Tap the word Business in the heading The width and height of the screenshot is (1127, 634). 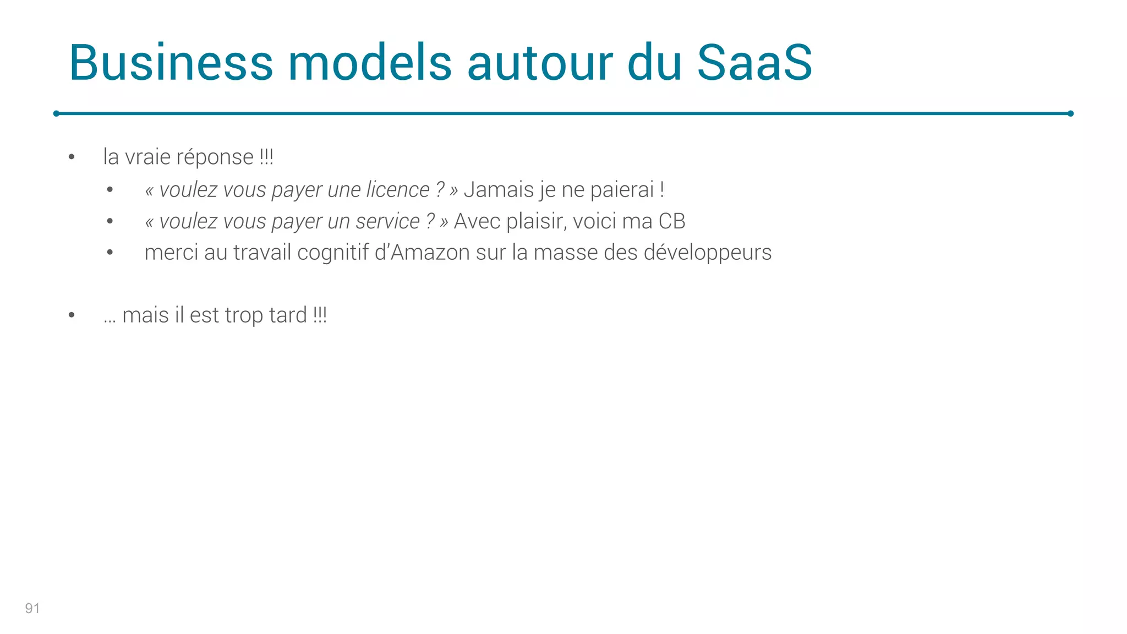pos(171,63)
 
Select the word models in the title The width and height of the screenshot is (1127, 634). pos(370,63)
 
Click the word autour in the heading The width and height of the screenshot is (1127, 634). pos(540,63)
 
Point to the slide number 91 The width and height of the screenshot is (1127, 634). pos(32,608)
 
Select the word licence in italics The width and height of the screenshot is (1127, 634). pos(397,190)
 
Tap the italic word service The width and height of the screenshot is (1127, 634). pos(387,221)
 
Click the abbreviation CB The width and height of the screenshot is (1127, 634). pos(672,221)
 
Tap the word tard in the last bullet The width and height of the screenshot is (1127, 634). pos(288,315)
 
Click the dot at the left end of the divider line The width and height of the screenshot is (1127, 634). pos(56,113)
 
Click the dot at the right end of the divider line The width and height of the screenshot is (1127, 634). pos(1070,113)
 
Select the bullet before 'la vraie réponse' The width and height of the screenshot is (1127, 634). pos(72,157)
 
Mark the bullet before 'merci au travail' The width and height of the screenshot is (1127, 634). pos(110,253)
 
